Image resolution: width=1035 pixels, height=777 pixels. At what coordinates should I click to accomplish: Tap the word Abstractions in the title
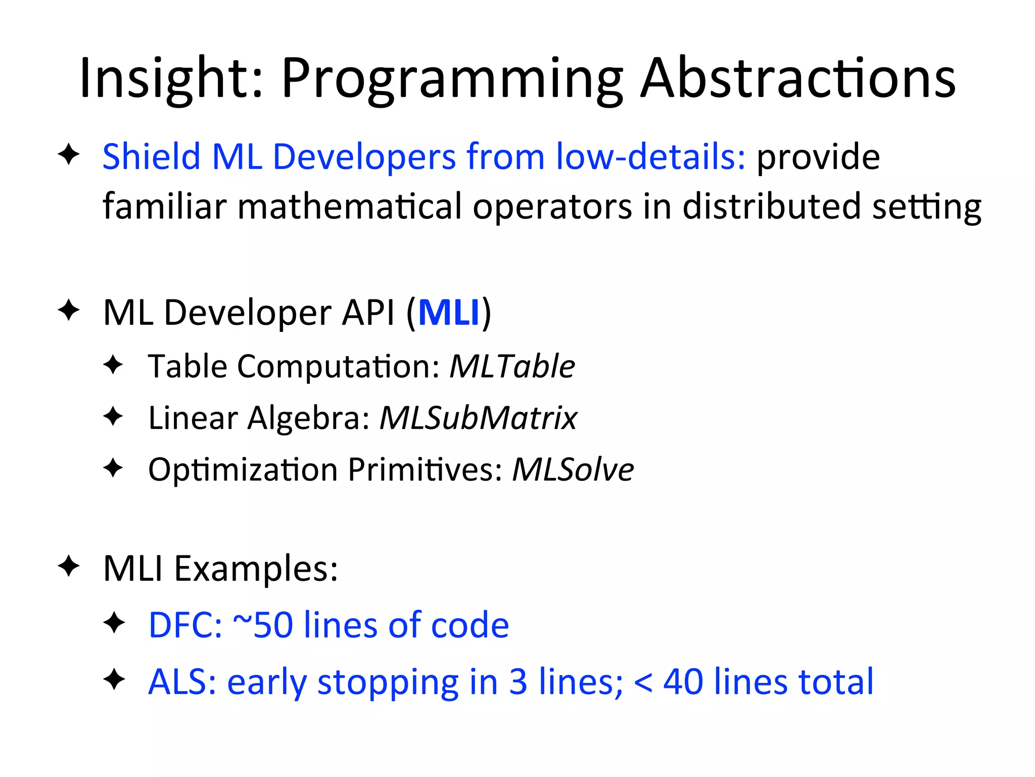(798, 79)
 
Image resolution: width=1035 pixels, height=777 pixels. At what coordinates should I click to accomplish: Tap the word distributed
(772, 206)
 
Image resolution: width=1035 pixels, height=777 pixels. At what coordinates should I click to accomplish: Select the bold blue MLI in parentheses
(449, 312)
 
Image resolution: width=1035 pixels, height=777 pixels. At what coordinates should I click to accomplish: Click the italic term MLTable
(512, 366)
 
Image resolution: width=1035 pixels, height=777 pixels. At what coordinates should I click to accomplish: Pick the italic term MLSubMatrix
(478, 418)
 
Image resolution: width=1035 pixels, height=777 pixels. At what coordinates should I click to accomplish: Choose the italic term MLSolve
(573, 469)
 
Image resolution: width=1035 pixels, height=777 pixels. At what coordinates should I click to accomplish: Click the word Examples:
(256, 569)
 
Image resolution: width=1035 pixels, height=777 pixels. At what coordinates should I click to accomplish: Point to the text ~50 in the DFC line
(263, 625)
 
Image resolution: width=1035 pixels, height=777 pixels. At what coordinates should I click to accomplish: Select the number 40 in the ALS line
(683, 681)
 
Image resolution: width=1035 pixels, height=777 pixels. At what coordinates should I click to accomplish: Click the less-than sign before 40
(643, 682)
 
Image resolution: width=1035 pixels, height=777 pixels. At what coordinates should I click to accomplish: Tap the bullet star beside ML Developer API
(69, 310)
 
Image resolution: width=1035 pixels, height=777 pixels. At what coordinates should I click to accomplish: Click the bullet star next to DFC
(114, 623)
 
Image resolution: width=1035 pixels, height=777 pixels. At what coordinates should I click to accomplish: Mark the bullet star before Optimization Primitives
(113, 467)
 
